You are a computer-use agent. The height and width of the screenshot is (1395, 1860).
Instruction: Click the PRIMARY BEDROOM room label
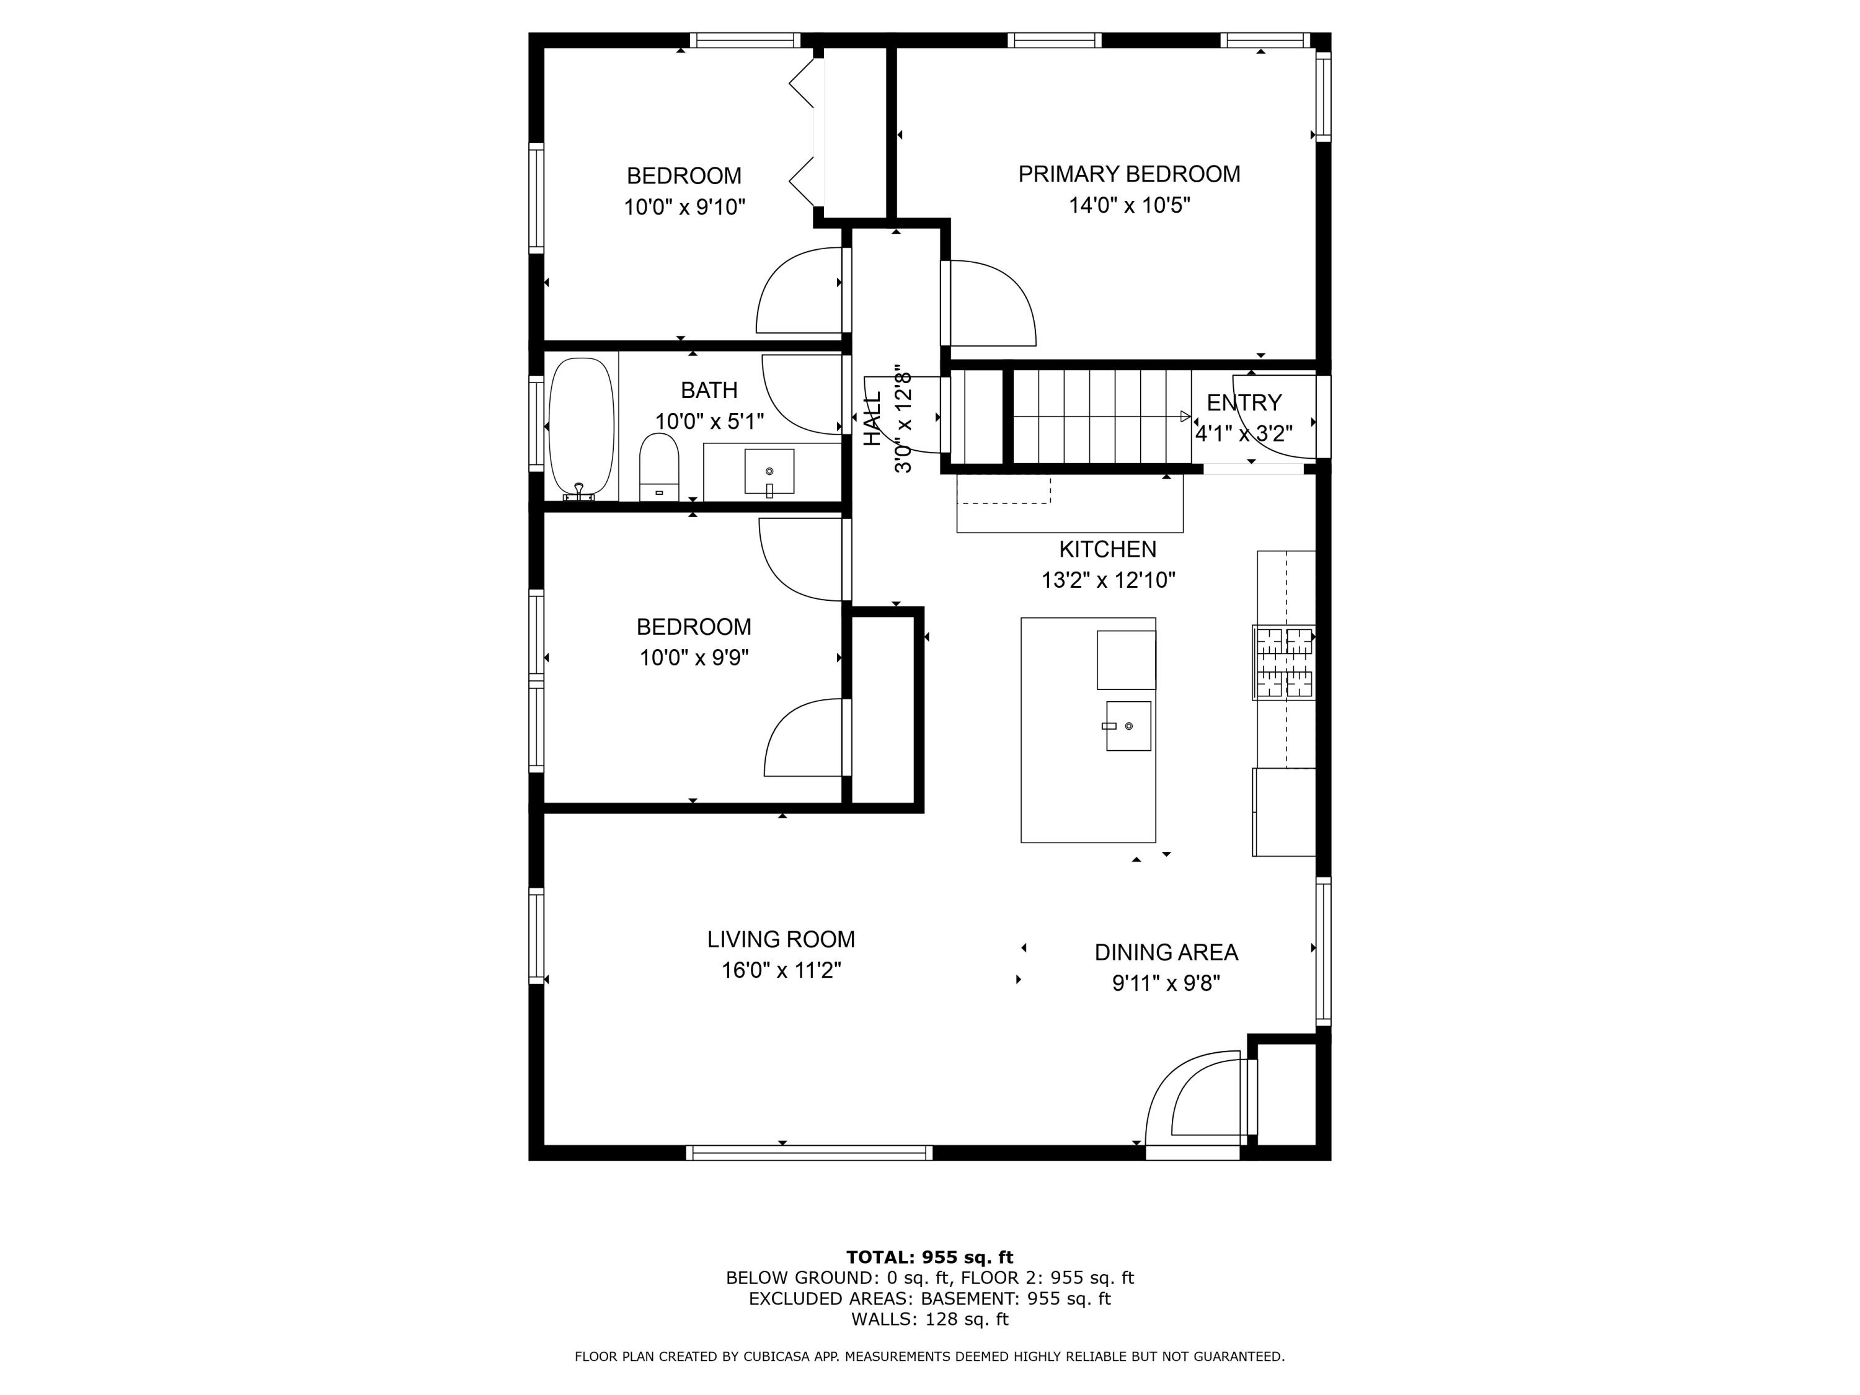[x=1128, y=174]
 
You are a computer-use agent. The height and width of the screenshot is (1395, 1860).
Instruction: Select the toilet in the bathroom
[x=658, y=467]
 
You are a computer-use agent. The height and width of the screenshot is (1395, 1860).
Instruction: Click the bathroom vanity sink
[x=769, y=472]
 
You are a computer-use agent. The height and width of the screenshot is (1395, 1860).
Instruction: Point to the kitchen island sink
[x=1128, y=725]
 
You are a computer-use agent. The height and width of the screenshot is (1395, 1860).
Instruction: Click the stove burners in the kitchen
[x=1284, y=663]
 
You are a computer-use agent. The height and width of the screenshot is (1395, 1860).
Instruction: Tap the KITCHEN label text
[x=1107, y=549]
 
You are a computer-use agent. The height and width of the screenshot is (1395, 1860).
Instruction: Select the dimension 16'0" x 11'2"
[x=781, y=970]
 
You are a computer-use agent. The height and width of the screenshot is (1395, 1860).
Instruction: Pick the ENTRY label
[x=1244, y=403]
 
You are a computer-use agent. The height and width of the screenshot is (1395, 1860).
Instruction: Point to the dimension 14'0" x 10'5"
[x=1129, y=205]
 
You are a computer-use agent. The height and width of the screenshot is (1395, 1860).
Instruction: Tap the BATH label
[x=709, y=390]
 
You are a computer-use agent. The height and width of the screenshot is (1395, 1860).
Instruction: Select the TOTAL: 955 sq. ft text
[x=929, y=1257]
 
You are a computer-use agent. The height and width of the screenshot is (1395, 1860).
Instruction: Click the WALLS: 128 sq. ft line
[x=929, y=1319]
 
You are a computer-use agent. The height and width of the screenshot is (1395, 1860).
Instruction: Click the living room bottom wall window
[x=810, y=1153]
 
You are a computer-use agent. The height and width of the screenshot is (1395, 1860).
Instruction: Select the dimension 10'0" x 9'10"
[x=684, y=207]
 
